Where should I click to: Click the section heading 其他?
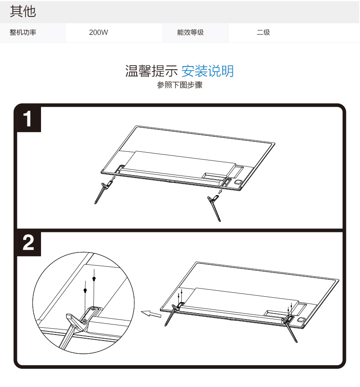[23, 11]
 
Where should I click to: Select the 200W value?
[98, 32]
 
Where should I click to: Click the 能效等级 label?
[190, 32]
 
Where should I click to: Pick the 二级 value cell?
[263, 32]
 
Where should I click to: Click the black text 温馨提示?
[151, 71]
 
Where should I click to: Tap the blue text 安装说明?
[207, 71]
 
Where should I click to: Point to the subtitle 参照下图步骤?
[180, 85]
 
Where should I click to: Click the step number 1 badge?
[28, 119]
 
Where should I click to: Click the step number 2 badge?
[28, 243]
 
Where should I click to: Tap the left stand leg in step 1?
[103, 192]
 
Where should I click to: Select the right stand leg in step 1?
[214, 208]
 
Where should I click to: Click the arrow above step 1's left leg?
[113, 178]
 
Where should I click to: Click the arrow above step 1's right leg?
[220, 191]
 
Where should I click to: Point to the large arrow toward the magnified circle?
[151, 314]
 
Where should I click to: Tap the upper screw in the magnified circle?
[94, 279]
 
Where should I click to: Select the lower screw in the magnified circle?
[85, 290]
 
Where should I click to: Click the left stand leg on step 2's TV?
[173, 315]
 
